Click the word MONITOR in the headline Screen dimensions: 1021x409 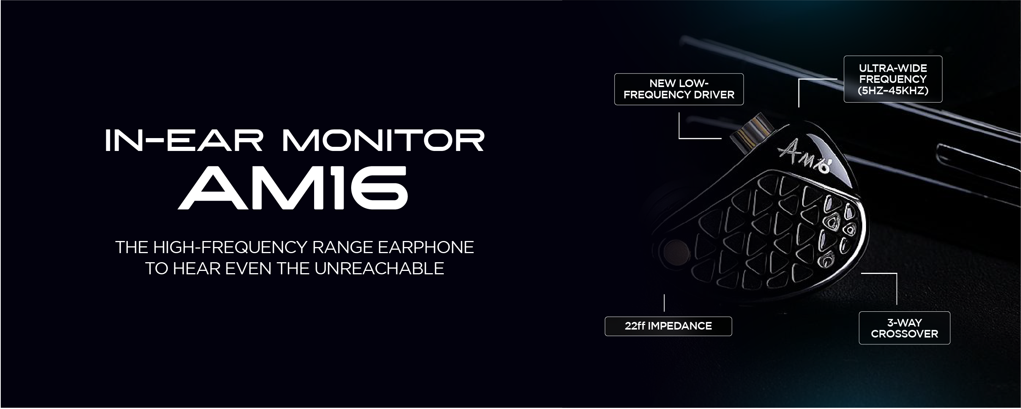click(x=383, y=140)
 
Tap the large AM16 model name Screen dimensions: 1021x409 click(x=293, y=188)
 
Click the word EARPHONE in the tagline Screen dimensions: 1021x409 click(x=426, y=247)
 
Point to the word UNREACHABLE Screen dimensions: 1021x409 click(x=379, y=269)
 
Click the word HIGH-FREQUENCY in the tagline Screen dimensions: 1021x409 click(x=230, y=247)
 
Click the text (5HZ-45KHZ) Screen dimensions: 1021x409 click(x=893, y=90)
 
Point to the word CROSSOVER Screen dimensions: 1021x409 click(x=905, y=334)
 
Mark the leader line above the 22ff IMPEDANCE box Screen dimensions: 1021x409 click(x=664, y=303)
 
